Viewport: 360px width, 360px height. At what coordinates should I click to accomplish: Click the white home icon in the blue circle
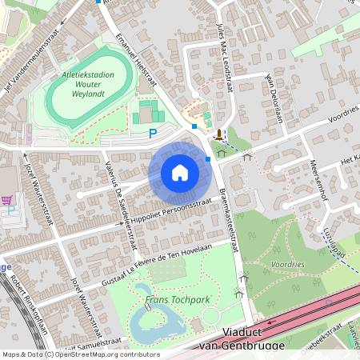click(x=179, y=172)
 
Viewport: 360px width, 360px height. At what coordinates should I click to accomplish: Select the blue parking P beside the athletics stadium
click(x=153, y=133)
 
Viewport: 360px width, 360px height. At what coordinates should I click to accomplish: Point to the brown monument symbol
click(x=218, y=134)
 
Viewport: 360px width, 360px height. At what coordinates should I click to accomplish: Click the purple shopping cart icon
click(x=7, y=200)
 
